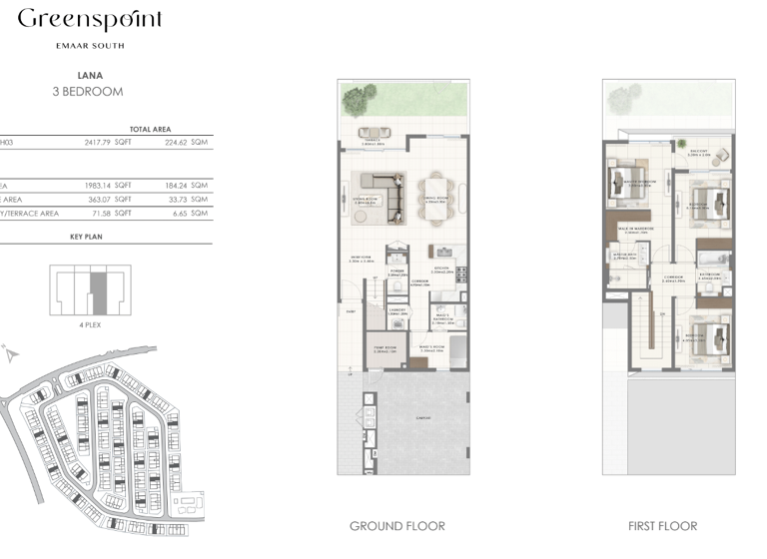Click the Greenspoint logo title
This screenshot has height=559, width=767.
(90, 20)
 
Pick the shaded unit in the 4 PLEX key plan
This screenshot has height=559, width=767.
(98, 289)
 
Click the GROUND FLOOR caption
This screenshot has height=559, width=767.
(396, 526)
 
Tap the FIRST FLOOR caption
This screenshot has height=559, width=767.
(663, 526)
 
